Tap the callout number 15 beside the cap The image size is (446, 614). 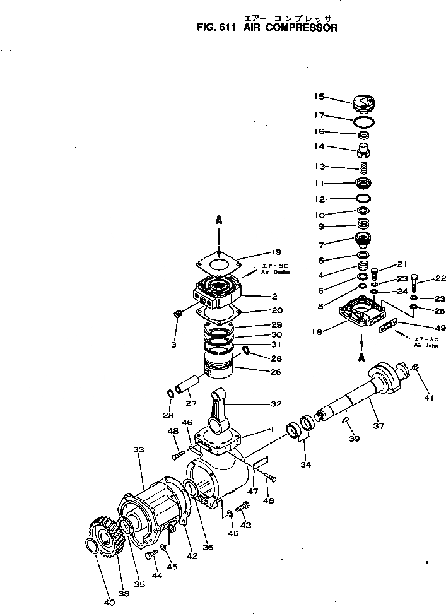click(319, 97)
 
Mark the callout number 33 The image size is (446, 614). click(139, 449)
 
